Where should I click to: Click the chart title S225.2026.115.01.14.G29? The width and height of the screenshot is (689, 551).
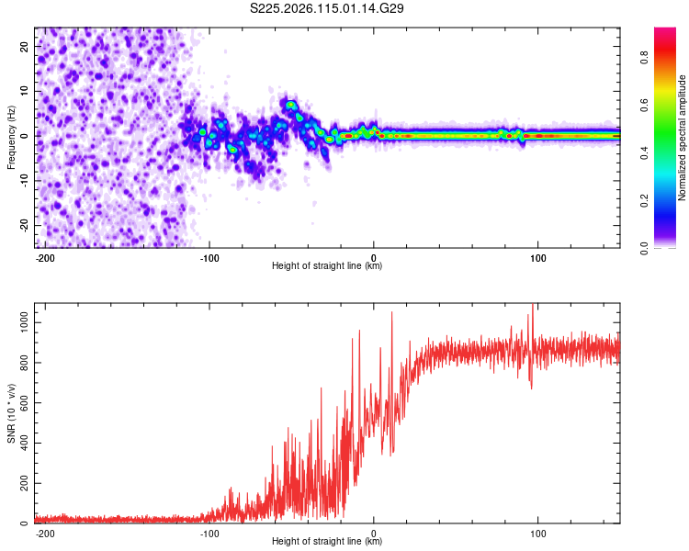(x=326, y=8)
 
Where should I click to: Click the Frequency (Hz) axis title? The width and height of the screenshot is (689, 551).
(x=11, y=138)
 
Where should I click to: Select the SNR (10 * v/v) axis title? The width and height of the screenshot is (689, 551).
(x=11, y=413)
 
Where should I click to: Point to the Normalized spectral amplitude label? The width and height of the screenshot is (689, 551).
(x=682, y=138)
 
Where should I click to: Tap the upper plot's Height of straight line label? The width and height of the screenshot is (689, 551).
(x=327, y=265)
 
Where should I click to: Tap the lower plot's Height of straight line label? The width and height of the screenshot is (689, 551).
(x=327, y=541)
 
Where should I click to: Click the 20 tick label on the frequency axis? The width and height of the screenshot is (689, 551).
(x=24, y=47)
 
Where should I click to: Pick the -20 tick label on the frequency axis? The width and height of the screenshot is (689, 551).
(x=24, y=225)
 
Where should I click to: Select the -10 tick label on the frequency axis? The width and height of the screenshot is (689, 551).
(x=24, y=180)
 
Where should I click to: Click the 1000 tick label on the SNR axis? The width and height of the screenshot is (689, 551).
(x=24, y=322)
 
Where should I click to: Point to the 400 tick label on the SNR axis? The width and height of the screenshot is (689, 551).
(x=24, y=443)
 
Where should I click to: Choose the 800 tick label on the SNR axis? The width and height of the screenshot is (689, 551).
(x=24, y=363)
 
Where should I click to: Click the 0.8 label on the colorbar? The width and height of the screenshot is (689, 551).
(x=644, y=57)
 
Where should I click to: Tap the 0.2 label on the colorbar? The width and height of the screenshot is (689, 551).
(x=644, y=200)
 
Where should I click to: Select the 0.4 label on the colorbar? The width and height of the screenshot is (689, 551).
(x=644, y=153)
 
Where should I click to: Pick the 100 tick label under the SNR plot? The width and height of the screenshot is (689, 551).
(x=537, y=534)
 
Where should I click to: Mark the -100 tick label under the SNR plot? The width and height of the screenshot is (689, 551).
(x=209, y=534)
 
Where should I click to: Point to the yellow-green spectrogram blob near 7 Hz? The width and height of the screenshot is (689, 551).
(x=290, y=105)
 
